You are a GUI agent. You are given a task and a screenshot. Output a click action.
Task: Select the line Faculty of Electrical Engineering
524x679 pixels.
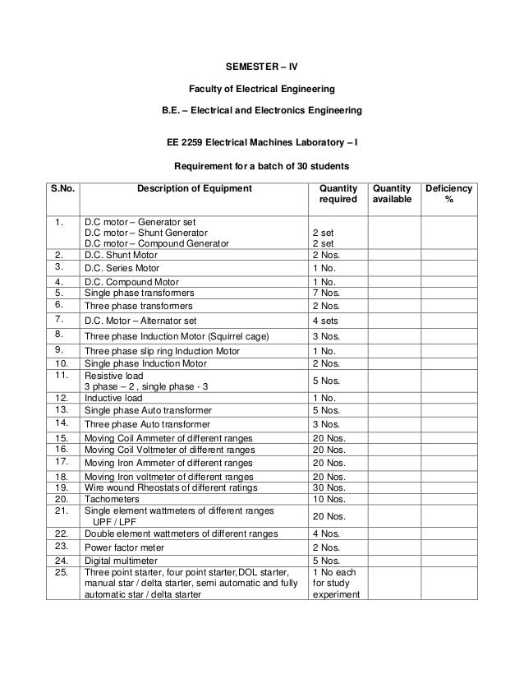262,88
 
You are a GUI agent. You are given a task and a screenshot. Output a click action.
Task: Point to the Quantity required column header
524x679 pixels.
338,194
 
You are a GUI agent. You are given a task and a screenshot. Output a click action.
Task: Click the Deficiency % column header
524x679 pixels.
448,194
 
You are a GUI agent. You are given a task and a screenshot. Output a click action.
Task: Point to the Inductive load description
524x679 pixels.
113,397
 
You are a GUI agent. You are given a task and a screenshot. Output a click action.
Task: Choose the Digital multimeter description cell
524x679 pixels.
120,561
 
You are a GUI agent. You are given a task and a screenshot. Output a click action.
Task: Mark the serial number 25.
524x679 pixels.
60,573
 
